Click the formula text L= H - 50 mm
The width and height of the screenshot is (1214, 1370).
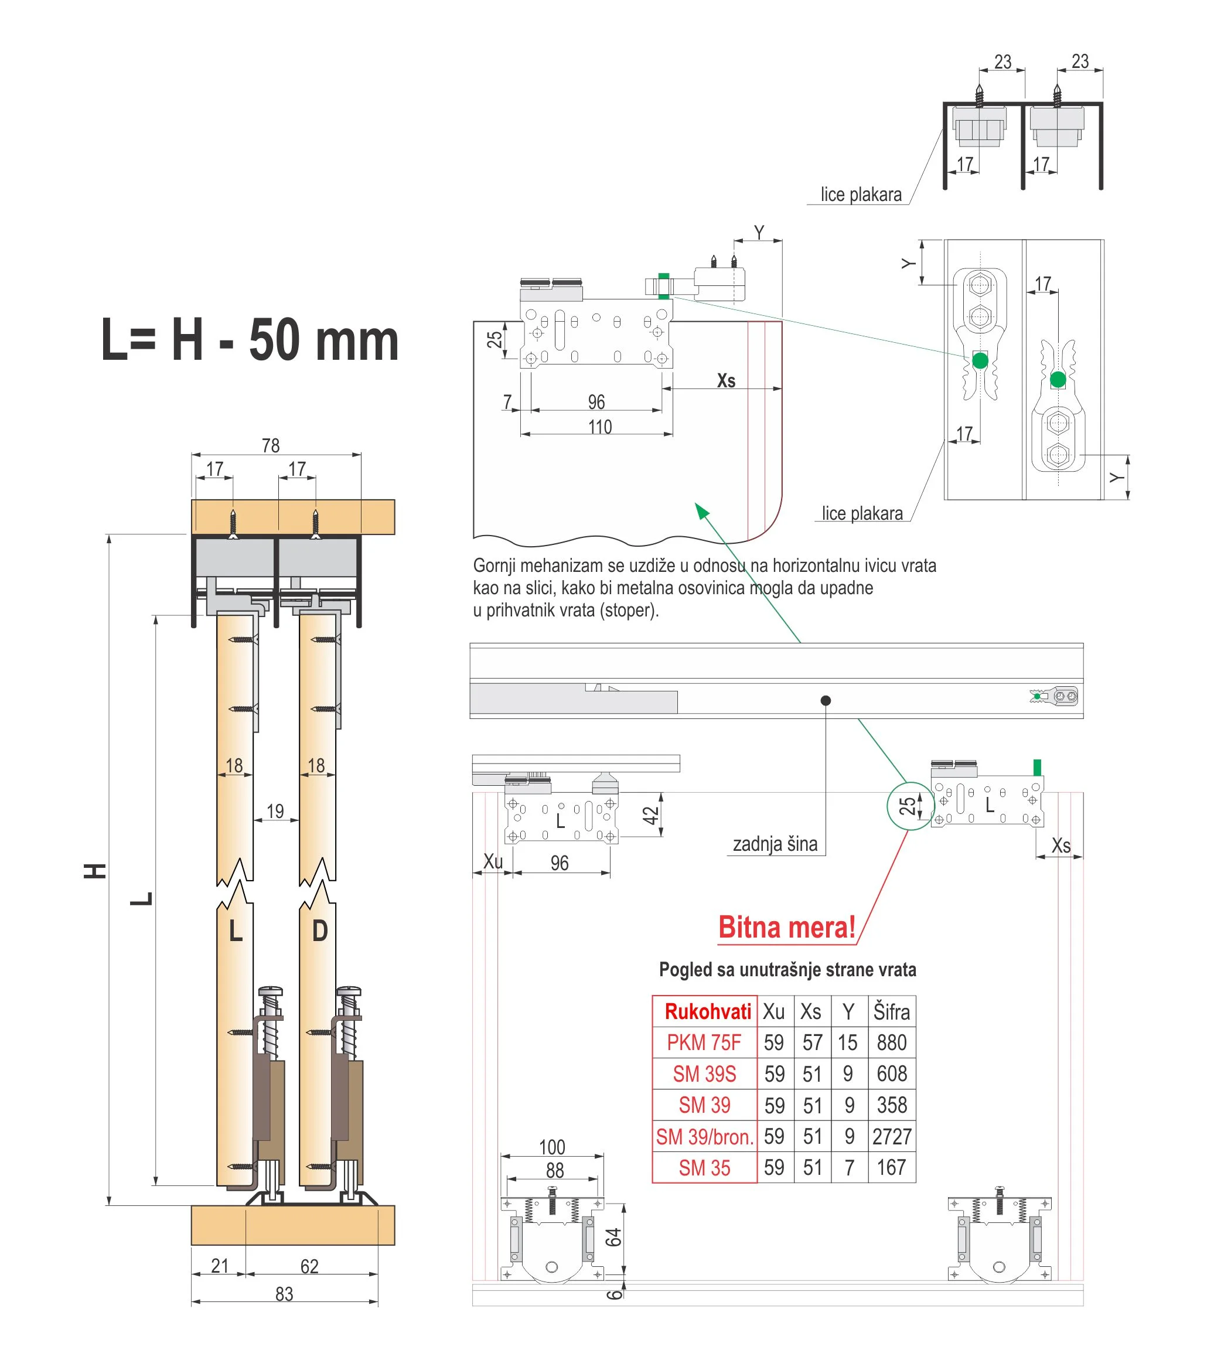pos(250,340)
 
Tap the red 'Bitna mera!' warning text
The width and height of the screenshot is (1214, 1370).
pos(786,928)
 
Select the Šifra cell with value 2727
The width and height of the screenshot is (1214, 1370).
pos(892,1137)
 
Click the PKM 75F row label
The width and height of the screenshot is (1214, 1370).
pos(704,1043)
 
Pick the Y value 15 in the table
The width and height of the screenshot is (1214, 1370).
pos(847,1043)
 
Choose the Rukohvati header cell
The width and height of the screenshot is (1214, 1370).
pos(707,1012)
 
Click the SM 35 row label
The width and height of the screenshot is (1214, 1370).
pos(704,1168)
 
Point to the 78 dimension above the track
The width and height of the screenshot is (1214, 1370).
pos(271,446)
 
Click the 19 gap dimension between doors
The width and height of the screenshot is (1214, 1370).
pos(275,812)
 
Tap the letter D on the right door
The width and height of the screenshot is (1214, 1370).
pos(320,931)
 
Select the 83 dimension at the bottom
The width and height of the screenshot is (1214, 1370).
pos(284,1294)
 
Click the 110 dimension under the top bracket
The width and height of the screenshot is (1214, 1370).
pos(600,427)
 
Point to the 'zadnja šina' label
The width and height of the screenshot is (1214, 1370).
pos(775,844)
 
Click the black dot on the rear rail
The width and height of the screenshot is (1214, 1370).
pos(826,700)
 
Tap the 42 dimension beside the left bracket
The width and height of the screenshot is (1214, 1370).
pos(651,815)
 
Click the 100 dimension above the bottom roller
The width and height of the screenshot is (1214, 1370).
pos(553,1147)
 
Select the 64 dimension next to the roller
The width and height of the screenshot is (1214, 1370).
pos(613,1238)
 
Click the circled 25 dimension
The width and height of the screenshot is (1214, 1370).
pos(908,806)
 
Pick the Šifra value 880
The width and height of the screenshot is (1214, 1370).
pos(892,1043)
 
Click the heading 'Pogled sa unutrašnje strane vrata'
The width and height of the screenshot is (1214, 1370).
pos(787,970)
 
